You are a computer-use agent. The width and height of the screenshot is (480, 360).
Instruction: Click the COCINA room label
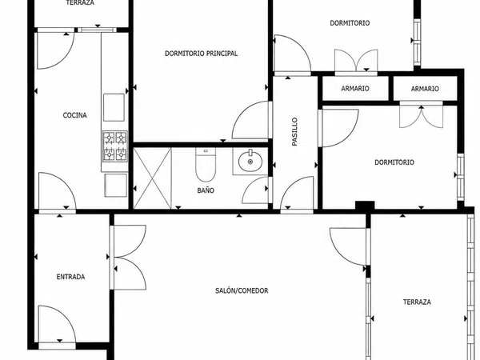click(x=74, y=115)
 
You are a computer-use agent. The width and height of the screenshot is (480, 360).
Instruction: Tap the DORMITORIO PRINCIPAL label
click(x=201, y=54)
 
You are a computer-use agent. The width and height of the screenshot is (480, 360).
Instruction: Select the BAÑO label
click(x=206, y=190)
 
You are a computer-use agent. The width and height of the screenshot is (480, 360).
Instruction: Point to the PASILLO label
click(x=294, y=132)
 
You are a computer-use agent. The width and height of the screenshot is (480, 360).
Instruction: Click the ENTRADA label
click(x=70, y=277)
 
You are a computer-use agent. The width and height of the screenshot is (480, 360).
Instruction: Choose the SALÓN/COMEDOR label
click(x=242, y=290)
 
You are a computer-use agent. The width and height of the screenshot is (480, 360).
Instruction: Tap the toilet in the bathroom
click(x=206, y=164)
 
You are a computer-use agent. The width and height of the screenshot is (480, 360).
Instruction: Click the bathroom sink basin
click(x=250, y=162)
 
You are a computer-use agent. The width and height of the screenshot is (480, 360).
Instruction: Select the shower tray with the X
click(x=153, y=178)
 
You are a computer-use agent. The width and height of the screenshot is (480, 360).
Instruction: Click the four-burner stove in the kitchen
click(x=114, y=146)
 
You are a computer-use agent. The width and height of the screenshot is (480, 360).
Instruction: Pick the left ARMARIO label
click(x=355, y=89)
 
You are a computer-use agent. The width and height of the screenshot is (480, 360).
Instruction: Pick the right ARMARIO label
click(x=425, y=89)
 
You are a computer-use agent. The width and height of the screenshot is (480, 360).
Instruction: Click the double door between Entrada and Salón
click(x=128, y=257)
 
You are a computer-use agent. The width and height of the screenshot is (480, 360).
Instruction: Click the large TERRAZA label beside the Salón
click(x=417, y=302)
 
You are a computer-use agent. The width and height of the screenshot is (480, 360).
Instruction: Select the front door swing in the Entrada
click(x=57, y=324)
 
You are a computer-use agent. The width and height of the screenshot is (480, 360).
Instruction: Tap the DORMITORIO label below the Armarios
click(x=394, y=162)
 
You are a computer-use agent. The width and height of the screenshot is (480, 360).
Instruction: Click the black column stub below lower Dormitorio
click(x=365, y=206)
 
